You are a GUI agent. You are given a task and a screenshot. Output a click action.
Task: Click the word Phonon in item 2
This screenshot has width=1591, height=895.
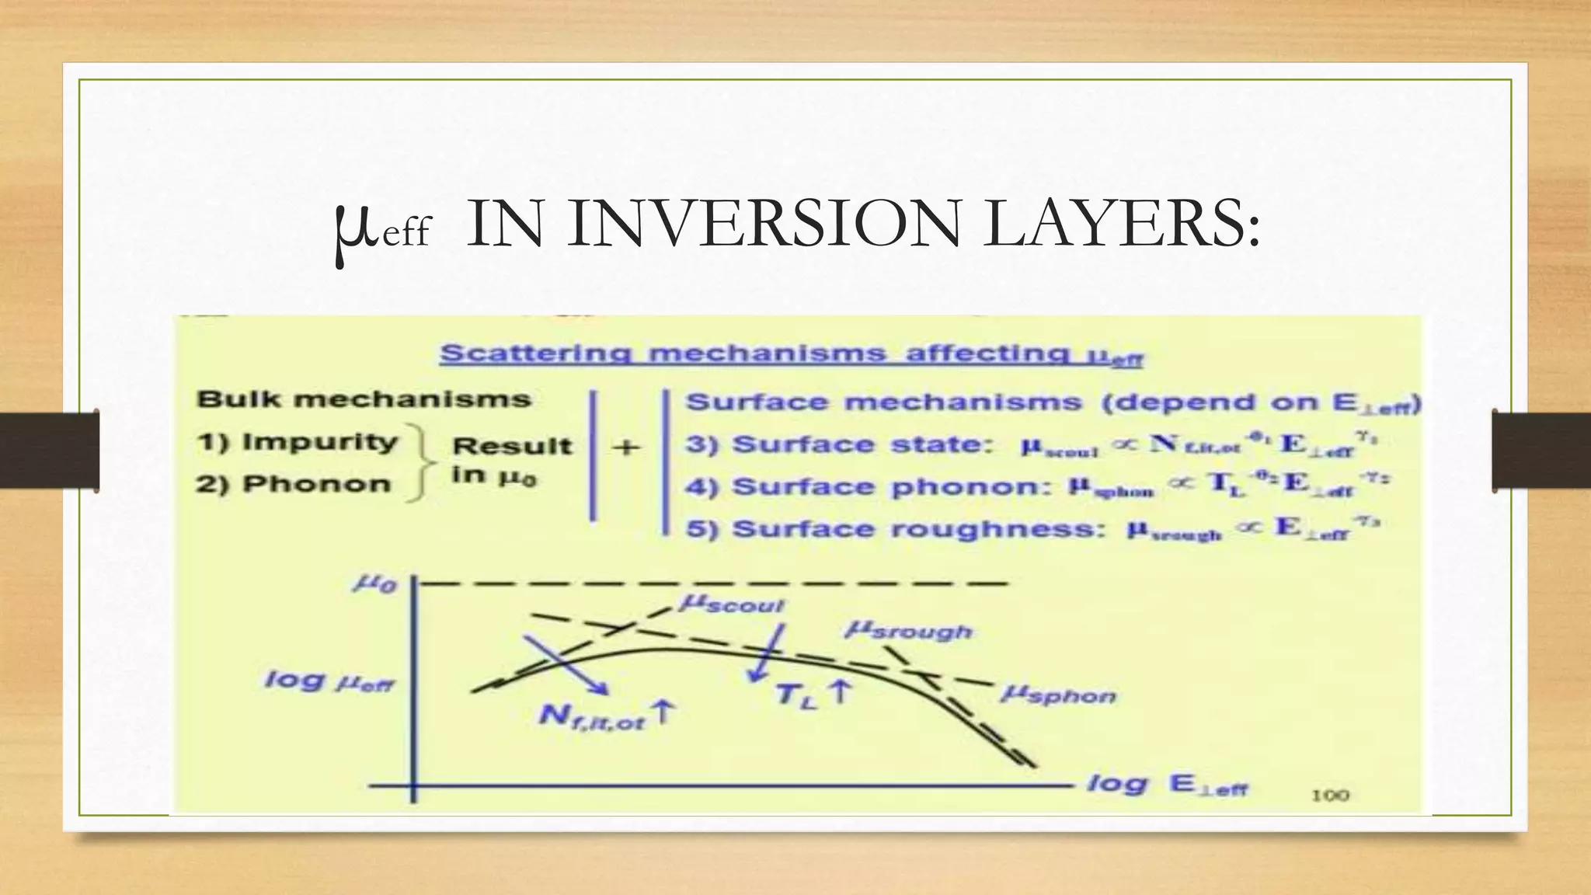(x=316, y=484)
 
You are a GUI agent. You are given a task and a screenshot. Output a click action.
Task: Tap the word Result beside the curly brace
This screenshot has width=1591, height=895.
(x=512, y=446)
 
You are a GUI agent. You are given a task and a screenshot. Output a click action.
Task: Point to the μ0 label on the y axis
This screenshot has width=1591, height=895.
(x=375, y=583)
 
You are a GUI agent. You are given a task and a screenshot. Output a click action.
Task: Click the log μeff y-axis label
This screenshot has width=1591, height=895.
(x=329, y=681)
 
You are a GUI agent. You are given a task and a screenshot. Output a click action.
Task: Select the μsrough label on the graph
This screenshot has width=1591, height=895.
(x=908, y=630)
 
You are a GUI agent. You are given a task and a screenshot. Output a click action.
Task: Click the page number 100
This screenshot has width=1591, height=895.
(x=1331, y=795)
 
